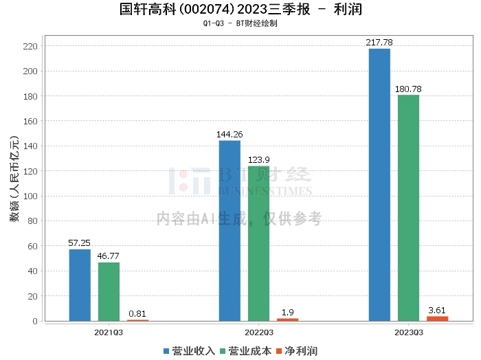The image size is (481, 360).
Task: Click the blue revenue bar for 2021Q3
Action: pyautogui.click(x=80, y=285)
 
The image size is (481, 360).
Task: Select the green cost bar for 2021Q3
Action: pyautogui.click(x=109, y=291)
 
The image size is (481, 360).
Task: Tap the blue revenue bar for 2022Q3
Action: pyautogui.click(x=230, y=231)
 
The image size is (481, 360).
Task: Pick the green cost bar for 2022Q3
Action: pyautogui.click(x=258, y=243)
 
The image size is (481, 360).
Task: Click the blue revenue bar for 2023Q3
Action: pyautogui.click(x=379, y=185)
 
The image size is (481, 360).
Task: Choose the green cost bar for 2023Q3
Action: pyautogui.click(x=408, y=208)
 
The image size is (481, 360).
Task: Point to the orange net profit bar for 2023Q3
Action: pyautogui.click(x=437, y=318)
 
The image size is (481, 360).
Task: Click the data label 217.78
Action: pyautogui.click(x=379, y=43)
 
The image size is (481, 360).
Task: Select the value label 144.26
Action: pyautogui.click(x=230, y=135)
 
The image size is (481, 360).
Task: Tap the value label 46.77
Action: pyautogui.click(x=109, y=256)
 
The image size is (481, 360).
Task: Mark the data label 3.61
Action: pyautogui.click(x=437, y=311)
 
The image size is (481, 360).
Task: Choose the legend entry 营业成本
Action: pyautogui.click(x=245, y=351)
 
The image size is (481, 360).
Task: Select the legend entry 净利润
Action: pyautogui.click(x=296, y=351)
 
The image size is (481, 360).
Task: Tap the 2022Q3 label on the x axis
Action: pyautogui.click(x=259, y=333)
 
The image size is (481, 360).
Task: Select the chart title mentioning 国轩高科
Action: pyautogui.click(x=240, y=10)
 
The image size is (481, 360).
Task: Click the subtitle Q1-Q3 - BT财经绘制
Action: pyautogui.click(x=240, y=23)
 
